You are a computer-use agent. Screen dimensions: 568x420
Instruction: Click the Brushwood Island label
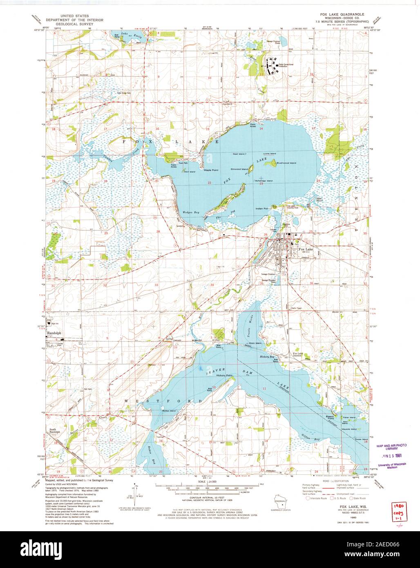point(286,163)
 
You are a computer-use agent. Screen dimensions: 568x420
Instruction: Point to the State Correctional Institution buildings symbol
point(270,65)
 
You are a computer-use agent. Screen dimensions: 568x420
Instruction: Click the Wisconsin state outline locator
point(280,503)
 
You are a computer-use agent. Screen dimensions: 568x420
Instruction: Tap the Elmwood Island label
point(240,168)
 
